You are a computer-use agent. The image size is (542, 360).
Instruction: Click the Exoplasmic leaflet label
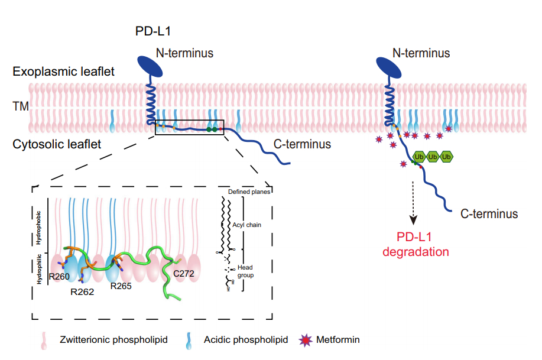(63, 72)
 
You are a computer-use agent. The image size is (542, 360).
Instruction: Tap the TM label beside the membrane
(20, 107)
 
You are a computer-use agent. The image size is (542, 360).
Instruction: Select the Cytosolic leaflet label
(56, 143)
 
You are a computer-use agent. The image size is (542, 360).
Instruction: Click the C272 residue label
(184, 274)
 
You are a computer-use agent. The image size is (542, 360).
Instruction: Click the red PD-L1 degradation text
(415, 244)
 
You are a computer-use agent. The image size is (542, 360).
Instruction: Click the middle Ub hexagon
(433, 157)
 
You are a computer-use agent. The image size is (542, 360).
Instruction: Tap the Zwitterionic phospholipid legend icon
(44, 340)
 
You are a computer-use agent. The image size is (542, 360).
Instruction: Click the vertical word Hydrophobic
(40, 227)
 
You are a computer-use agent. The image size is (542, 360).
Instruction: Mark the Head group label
(246, 271)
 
